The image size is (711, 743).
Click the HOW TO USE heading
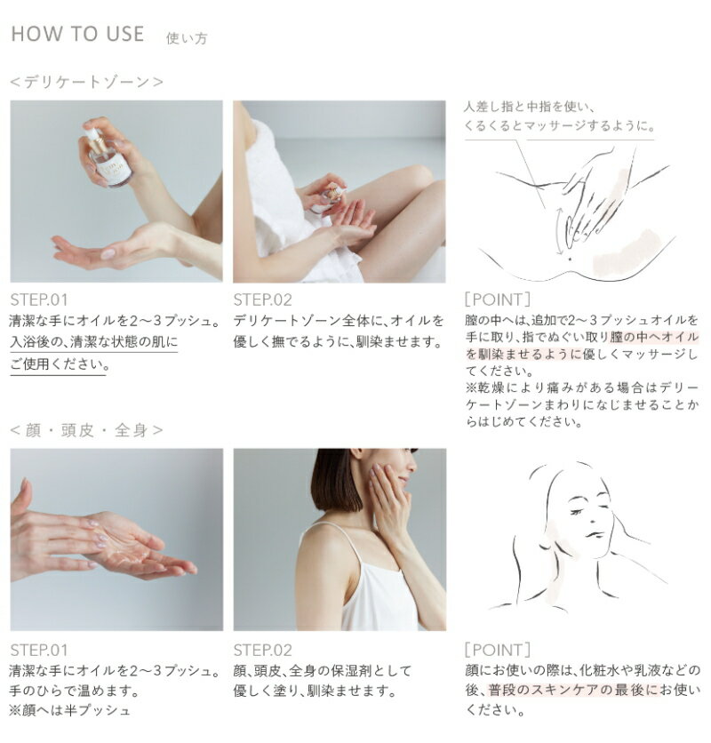point(77,34)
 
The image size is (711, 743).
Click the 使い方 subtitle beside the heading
point(187,38)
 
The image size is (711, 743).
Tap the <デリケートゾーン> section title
point(86,82)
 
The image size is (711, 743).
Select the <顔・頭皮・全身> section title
point(86,430)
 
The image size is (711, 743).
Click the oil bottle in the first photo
point(108,156)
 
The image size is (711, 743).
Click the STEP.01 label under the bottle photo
point(39,300)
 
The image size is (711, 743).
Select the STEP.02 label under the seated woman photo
point(262,300)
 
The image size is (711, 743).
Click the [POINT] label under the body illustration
point(497,300)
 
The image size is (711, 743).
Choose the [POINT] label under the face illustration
point(497,650)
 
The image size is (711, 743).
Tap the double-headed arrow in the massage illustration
point(560,231)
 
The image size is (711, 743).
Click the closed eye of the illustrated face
point(577,512)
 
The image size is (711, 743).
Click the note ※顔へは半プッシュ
point(69,710)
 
